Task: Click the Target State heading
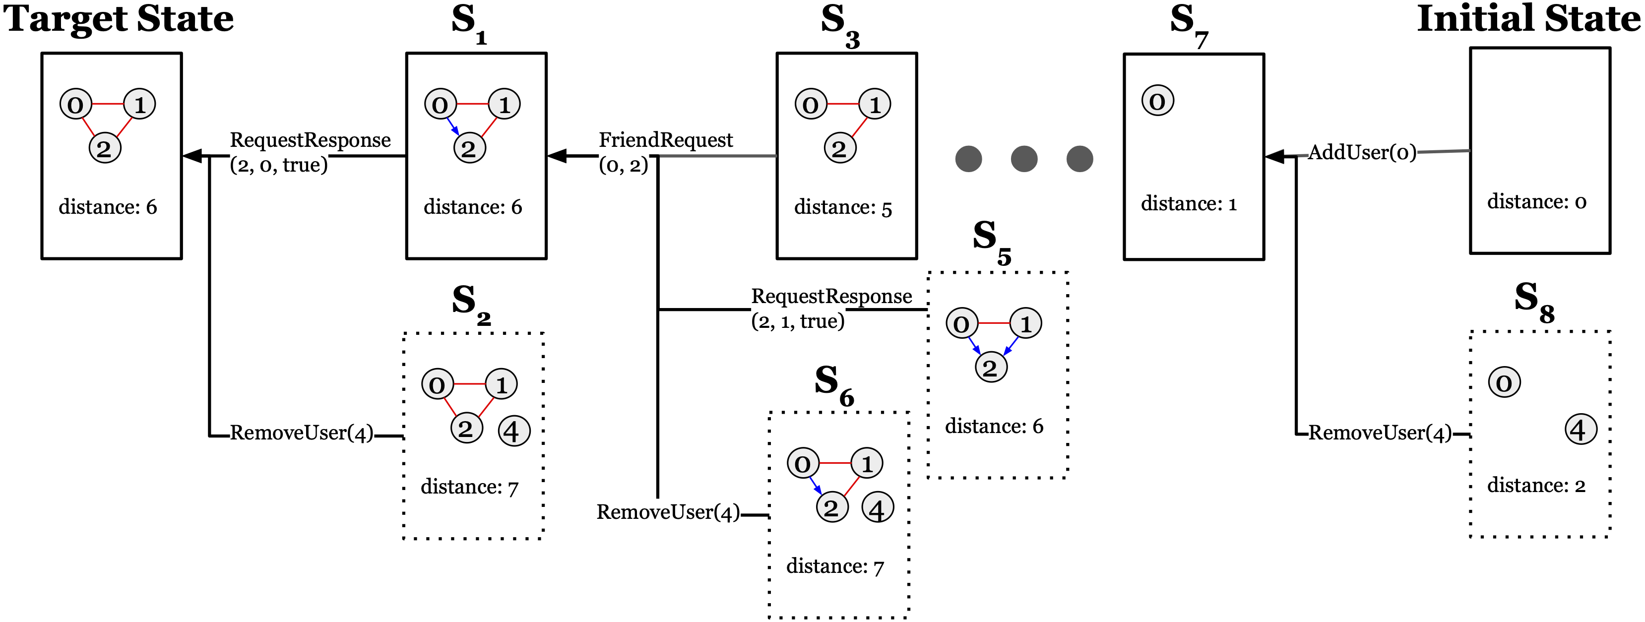pos(119,19)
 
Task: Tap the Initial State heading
pos(1528,19)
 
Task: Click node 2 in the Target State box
pos(104,149)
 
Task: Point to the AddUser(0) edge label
pos(1361,153)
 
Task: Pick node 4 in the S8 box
pos(1581,430)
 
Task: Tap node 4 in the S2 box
pos(513,431)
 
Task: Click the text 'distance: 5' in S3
pos(842,207)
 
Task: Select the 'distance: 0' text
pos(1536,202)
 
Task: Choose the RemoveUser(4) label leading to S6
pos(668,512)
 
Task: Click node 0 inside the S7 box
pos(1157,101)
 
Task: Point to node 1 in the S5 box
pos(1025,324)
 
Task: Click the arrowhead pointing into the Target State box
pos(192,155)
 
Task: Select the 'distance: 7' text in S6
pos(834,566)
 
